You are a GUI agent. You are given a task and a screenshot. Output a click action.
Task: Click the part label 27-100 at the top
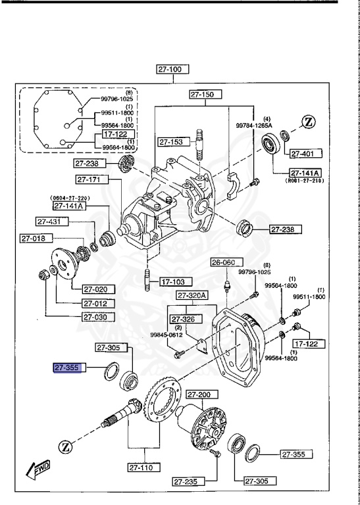coord(172,68)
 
